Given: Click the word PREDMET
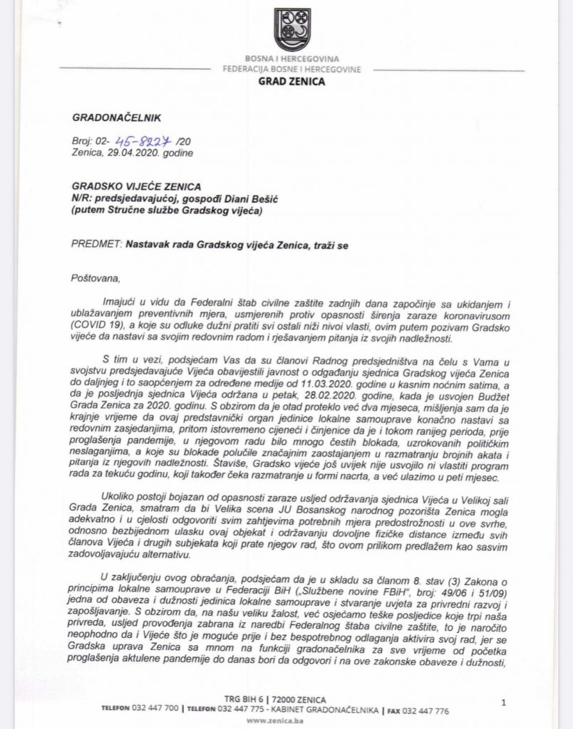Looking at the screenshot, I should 97,244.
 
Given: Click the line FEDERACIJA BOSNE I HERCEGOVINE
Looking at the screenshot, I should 291,69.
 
